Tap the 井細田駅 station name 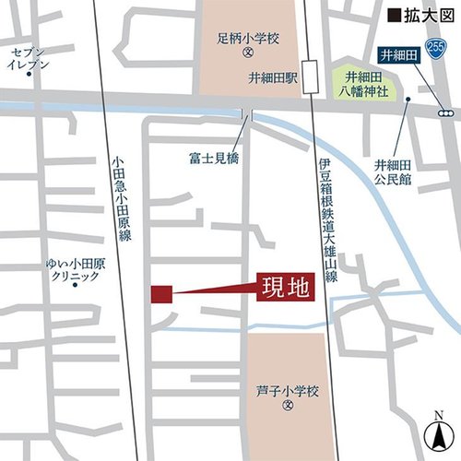click(274, 78)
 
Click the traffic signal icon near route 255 click(446, 112)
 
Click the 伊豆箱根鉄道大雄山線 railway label click(325, 219)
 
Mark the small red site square click(161, 294)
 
